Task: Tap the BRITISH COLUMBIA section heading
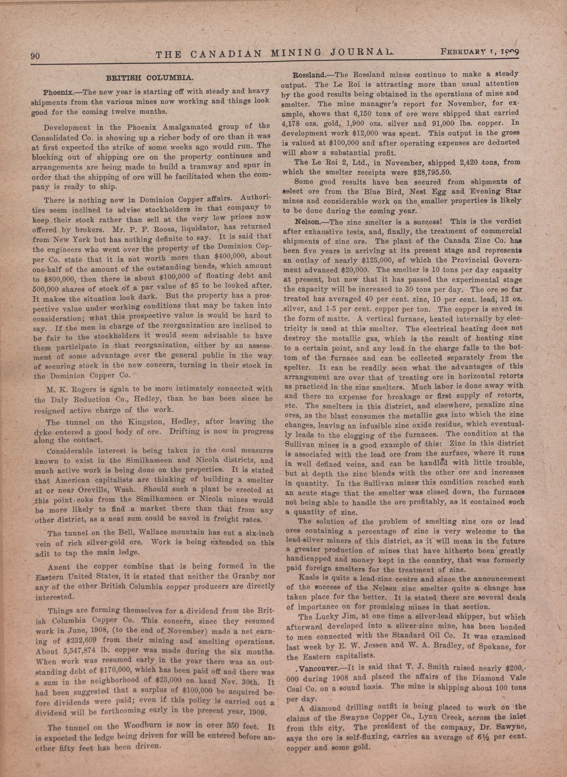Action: point(150,78)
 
